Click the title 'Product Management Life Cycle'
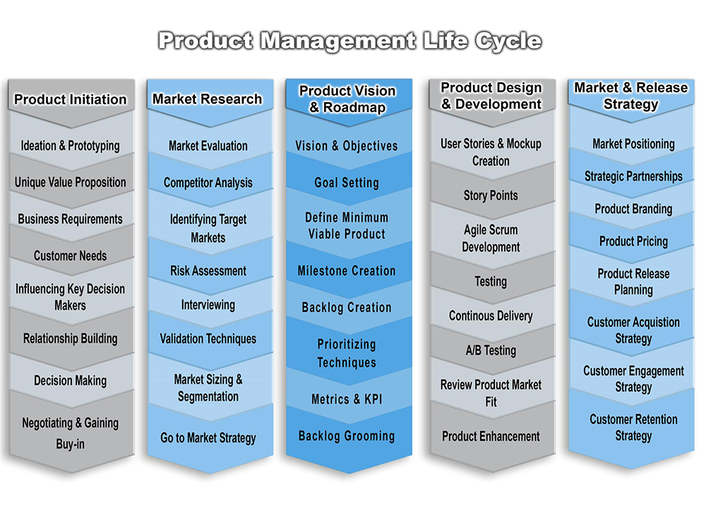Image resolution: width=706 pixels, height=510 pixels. [x=350, y=42]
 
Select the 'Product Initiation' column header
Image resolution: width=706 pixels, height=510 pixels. [x=70, y=99]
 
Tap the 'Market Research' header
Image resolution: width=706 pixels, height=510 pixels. [x=207, y=99]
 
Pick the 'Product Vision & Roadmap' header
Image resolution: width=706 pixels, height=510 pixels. [x=347, y=99]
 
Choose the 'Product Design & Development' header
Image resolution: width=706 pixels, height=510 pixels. [x=491, y=95]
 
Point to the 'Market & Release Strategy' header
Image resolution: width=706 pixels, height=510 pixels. [x=630, y=95]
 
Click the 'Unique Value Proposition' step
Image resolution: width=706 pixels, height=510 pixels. [x=70, y=182]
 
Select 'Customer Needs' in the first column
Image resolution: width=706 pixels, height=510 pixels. [x=70, y=256]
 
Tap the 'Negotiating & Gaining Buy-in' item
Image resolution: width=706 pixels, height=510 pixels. [x=70, y=433]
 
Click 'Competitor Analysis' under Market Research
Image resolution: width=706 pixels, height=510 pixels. [x=208, y=183]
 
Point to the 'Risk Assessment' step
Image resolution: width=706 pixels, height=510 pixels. [x=208, y=271]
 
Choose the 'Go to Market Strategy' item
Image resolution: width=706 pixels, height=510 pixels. [x=208, y=437]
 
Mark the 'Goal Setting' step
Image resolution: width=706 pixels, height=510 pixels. [x=347, y=183]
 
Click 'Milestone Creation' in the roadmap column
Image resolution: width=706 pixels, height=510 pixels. [x=347, y=271]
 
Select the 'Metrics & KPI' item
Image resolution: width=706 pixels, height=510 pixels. [x=347, y=399]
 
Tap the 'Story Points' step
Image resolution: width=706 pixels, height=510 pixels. [x=491, y=195]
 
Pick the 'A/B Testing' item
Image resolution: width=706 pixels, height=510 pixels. [x=491, y=351]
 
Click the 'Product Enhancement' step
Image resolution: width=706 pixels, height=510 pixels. [x=491, y=436]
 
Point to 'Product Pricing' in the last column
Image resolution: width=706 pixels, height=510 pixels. [x=633, y=241]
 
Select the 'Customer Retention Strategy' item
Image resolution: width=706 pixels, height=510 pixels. [x=633, y=427]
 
